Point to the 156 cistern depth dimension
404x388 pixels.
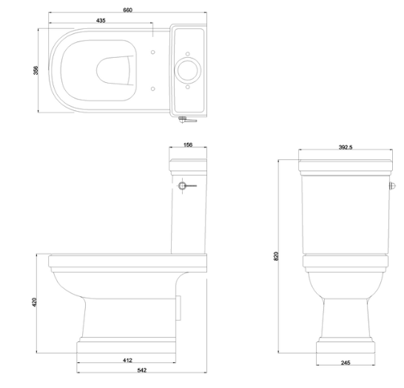point(187,147)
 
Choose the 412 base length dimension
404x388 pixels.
point(127,361)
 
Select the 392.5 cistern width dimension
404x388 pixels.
point(346,147)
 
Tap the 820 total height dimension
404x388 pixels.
point(275,255)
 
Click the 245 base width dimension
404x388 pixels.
point(346,363)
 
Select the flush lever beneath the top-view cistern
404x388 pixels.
point(189,118)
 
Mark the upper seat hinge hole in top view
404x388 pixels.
point(152,53)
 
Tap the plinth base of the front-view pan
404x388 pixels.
point(346,347)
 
